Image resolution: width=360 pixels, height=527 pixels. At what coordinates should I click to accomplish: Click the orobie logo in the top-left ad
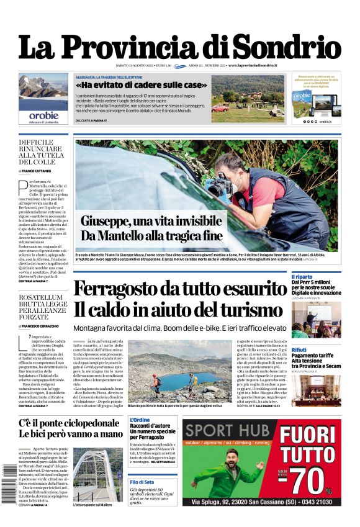[43, 115]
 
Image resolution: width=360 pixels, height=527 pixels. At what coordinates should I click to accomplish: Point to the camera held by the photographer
[220, 184]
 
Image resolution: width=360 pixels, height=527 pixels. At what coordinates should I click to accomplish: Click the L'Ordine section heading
[140, 420]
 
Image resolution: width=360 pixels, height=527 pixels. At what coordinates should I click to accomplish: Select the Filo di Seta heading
[142, 482]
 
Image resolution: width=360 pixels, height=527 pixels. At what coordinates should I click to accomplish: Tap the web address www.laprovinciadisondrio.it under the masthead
[252, 65]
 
